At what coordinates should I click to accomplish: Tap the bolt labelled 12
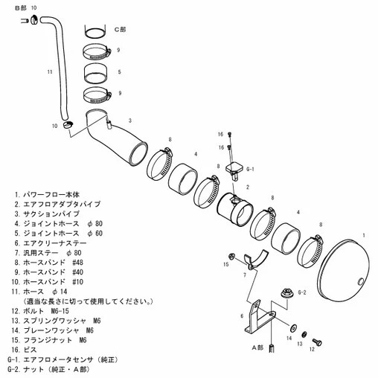[x=317, y=342]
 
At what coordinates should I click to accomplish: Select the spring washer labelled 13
[x=304, y=334]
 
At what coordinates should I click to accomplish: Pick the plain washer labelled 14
[x=293, y=327]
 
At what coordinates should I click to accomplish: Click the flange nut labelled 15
[x=231, y=256]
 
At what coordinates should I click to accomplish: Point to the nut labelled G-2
[x=286, y=292]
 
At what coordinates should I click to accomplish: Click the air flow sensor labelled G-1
[x=234, y=170]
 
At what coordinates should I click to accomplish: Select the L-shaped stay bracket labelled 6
[x=258, y=318]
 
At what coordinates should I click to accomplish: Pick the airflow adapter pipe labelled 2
[x=234, y=210]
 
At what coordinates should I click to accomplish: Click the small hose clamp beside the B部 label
[x=34, y=20]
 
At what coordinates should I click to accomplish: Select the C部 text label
[x=121, y=30]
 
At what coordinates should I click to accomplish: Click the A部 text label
[x=257, y=347]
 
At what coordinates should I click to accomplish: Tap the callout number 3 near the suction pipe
[x=130, y=121]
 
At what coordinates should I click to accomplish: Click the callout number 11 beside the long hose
[x=50, y=71]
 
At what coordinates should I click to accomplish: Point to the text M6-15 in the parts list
[x=60, y=311]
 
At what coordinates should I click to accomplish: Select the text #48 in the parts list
[x=77, y=263]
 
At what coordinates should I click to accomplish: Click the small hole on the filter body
[x=361, y=281]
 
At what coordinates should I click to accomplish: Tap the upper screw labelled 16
[x=229, y=134]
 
